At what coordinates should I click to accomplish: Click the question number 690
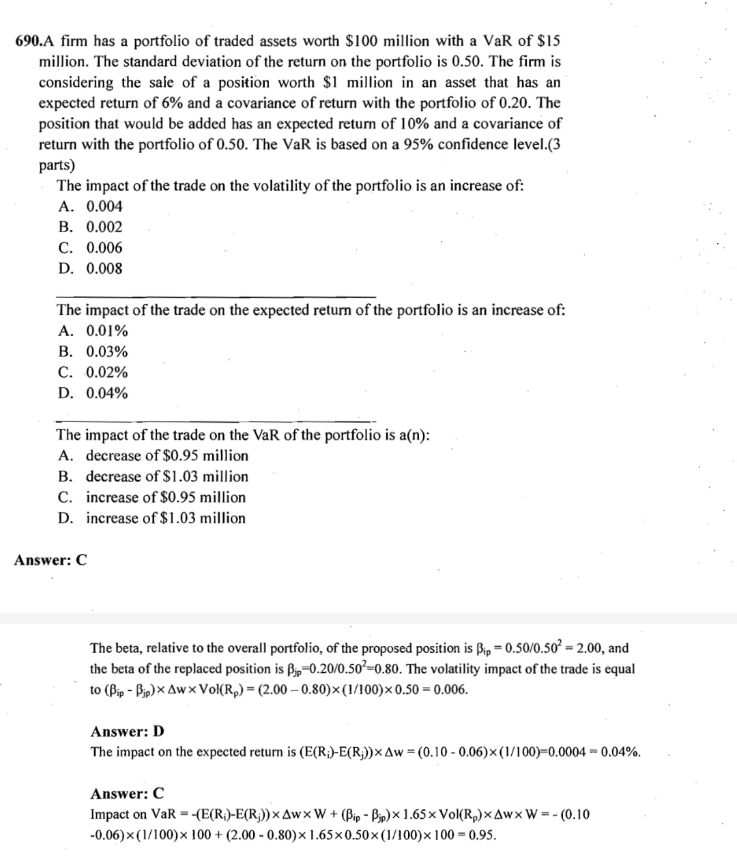[x=28, y=41]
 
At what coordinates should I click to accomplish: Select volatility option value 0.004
[x=104, y=206]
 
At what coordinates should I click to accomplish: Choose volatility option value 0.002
[x=104, y=227]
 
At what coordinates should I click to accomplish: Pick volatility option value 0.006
[x=104, y=248]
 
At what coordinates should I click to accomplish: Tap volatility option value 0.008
[x=104, y=268]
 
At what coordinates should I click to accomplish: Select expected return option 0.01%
[x=106, y=331]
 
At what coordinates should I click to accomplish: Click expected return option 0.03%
[x=106, y=352]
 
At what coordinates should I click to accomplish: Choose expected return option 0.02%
[x=106, y=372]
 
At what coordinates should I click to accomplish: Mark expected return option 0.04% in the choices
[x=106, y=393]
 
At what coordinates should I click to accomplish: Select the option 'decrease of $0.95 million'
[x=167, y=456]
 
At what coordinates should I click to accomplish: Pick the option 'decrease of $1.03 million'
[x=167, y=476]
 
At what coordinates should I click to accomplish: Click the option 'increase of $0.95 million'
[x=165, y=497]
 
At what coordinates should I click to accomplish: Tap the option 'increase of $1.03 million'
[x=165, y=518]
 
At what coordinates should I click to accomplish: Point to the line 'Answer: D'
[x=128, y=731]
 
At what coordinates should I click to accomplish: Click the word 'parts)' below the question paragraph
[x=57, y=165]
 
